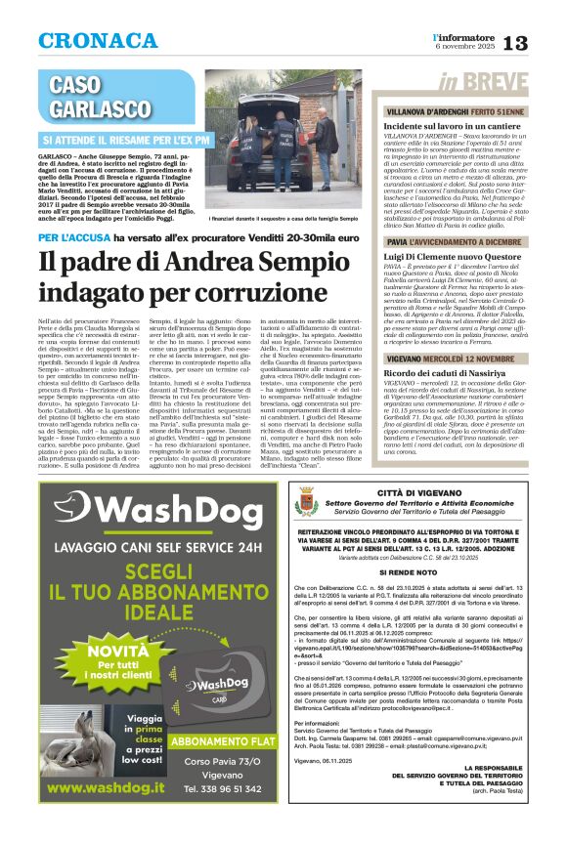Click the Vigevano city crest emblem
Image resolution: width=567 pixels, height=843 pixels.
pyautogui.click(x=306, y=504)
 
